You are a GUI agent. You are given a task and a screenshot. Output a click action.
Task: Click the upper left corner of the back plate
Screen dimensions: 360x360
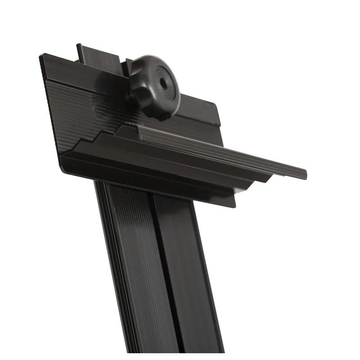41,56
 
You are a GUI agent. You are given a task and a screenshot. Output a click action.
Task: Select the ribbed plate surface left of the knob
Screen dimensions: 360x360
76,103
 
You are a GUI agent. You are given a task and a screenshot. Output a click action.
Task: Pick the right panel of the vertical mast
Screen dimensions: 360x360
184,270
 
